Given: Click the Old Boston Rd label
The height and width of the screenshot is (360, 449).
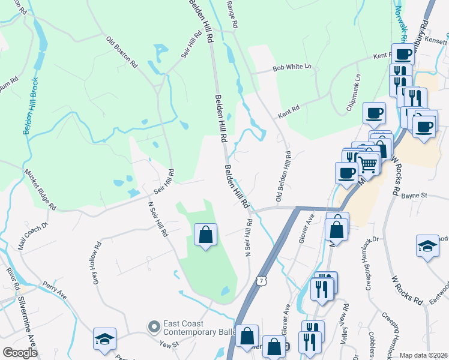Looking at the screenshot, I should pyautogui.click(x=122, y=52).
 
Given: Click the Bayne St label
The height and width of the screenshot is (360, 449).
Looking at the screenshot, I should pyautogui.click(x=414, y=196).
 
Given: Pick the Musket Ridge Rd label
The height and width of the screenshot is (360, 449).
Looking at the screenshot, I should pyautogui.click(x=40, y=189).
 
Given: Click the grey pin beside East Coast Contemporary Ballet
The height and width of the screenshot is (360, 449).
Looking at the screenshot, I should pyautogui.click(x=154, y=327).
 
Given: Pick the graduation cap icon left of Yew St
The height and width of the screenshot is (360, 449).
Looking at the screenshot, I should pyautogui.click(x=104, y=339).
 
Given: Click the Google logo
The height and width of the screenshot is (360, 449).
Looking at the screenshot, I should pyautogui.click(x=19, y=353).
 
